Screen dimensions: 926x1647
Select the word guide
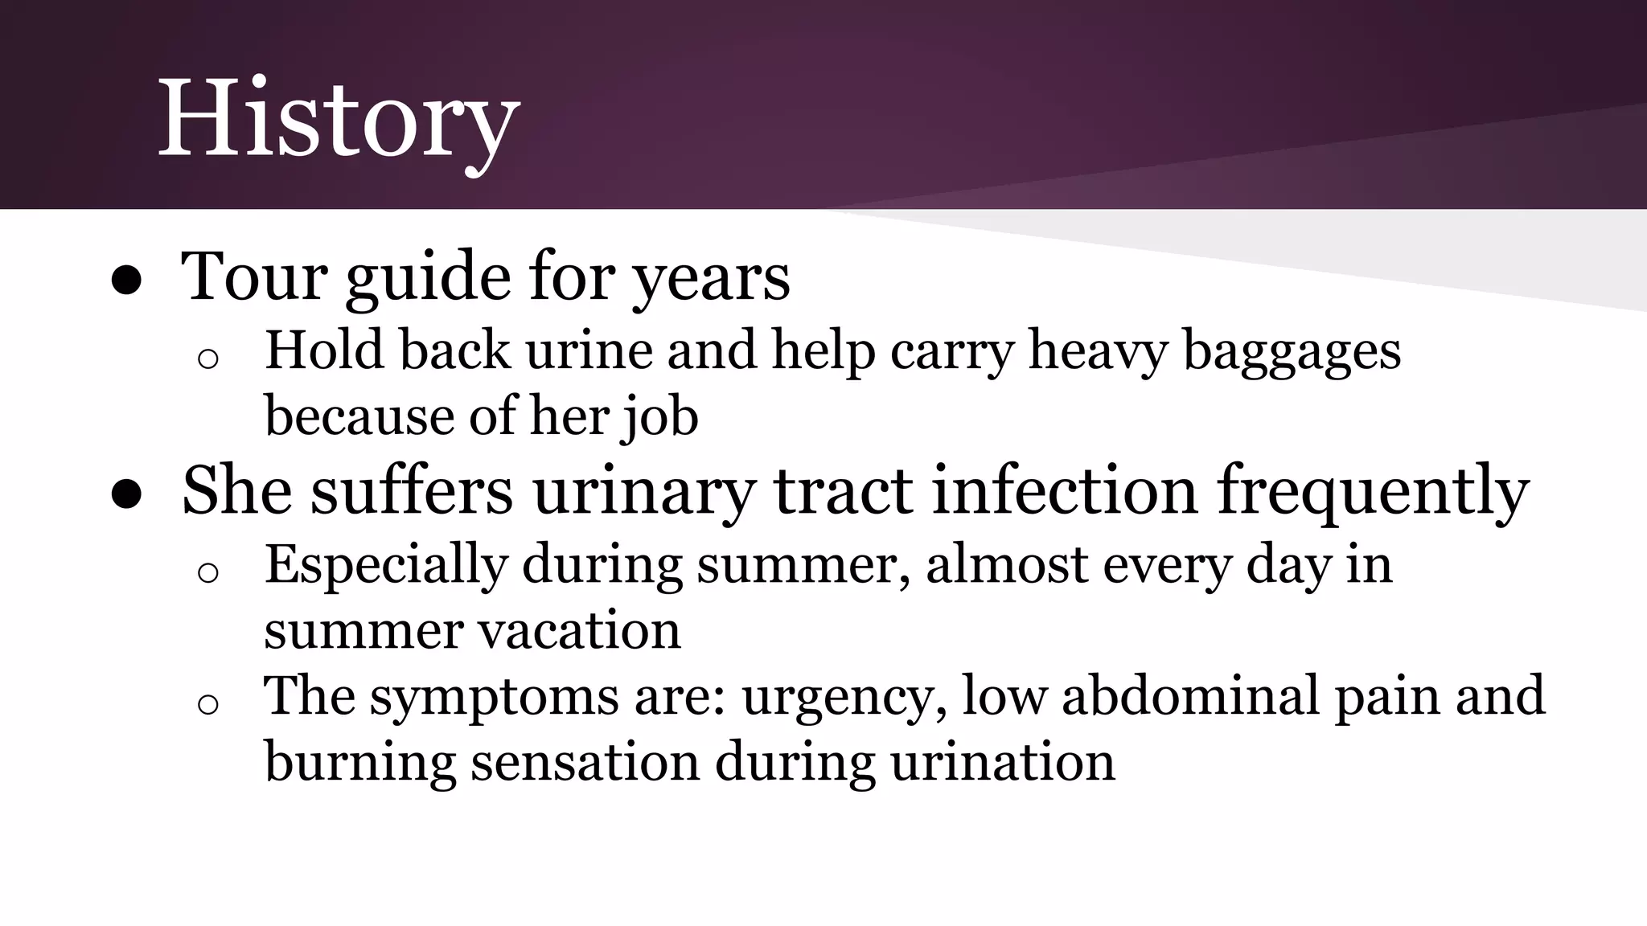pos(427,277)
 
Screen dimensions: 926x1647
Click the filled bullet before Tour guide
pos(127,281)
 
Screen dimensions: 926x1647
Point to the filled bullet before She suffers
pos(127,495)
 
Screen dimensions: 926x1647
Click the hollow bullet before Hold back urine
pos(207,359)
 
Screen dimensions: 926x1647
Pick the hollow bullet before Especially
pos(207,572)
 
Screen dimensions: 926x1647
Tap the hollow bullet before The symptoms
pos(207,704)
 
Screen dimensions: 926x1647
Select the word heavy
pos(1097,352)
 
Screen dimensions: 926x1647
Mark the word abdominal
pos(1190,695)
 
